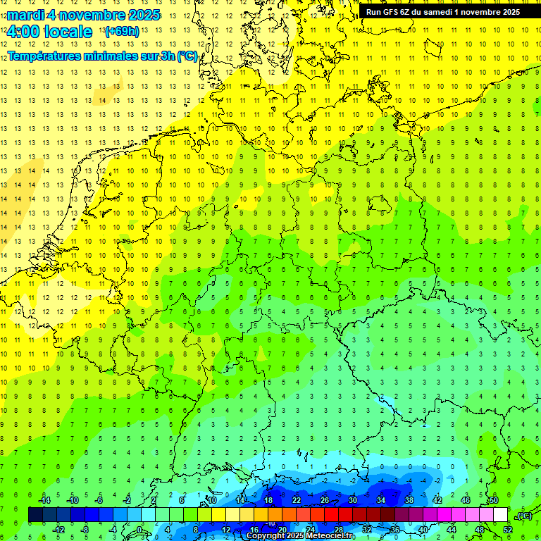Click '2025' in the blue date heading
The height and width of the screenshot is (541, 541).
[x=141, y=14]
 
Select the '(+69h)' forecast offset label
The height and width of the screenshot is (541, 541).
[x=122, y=31]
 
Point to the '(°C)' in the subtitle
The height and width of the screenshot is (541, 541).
[x=187, y=56]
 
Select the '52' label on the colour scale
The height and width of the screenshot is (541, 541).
[x=509, y=530]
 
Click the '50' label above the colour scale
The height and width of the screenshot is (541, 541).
[x=494, y=500]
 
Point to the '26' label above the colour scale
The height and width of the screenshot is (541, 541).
[x=325, y=500]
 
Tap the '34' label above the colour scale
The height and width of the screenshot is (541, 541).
[x=381, y=500]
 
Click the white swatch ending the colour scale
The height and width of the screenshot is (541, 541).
[x=501, y=515]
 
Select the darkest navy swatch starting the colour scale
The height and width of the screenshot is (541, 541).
[x=35, y=515]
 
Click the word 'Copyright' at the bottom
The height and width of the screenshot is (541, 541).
[x=266, y=536]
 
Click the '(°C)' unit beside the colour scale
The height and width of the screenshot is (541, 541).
[x=524, y=516]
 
